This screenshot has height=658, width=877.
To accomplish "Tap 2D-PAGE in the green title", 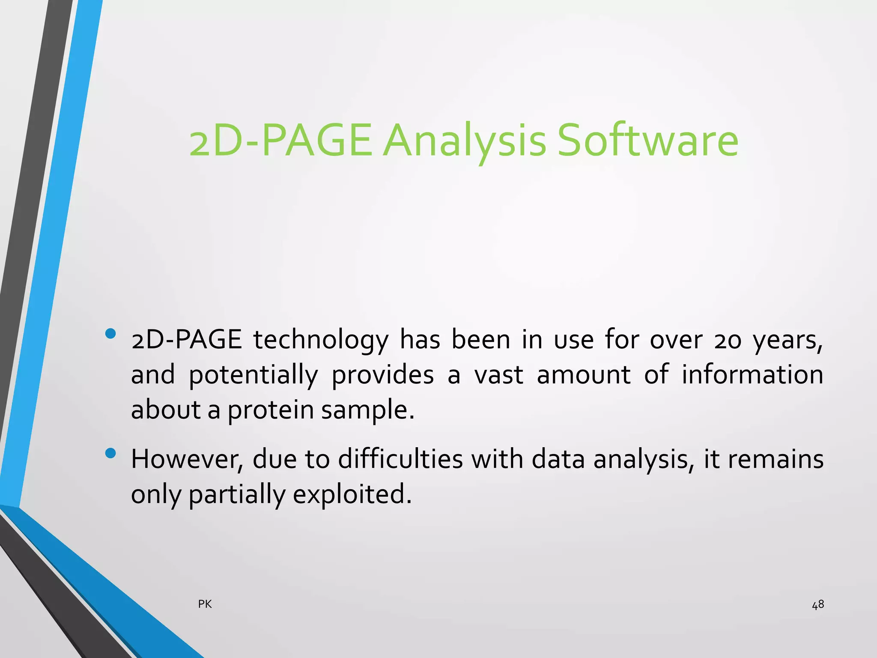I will (280, 141).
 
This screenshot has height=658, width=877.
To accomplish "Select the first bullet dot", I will (110, 333).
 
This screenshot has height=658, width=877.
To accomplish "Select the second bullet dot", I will (110, 453).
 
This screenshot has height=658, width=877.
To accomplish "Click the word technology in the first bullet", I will (321, 341).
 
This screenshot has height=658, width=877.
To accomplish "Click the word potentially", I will (253, 375).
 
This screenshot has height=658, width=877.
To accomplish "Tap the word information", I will (752, 374).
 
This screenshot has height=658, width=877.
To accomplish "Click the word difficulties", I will (400, 459).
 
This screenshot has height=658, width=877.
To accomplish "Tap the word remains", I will (776, 459).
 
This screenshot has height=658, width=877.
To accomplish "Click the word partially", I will (237, 495).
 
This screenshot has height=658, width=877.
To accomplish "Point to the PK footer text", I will (205, 604).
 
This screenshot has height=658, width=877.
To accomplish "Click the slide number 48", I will (818, 604).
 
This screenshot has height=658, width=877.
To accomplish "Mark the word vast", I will (499, 375).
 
